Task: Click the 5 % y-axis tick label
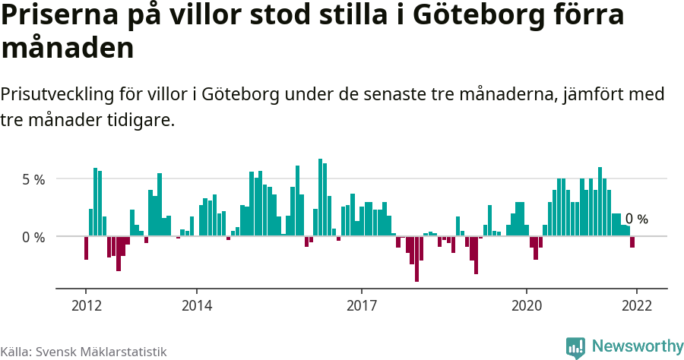[33, 180]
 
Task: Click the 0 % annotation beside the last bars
[637, 219]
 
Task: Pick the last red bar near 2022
[632, 242]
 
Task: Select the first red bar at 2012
[86, 248]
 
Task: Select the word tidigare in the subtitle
[142, 120]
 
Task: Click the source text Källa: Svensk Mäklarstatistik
[83, 352]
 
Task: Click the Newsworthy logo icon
[575, 347]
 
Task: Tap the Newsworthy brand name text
[637, 346]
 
